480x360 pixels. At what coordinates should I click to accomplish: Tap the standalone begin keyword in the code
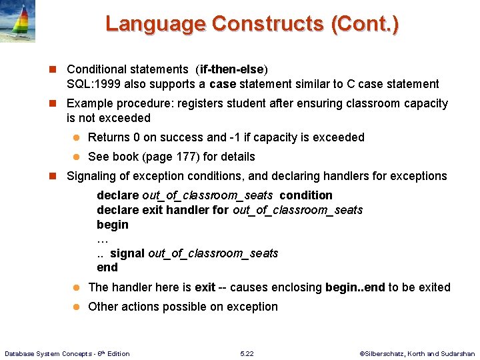112,225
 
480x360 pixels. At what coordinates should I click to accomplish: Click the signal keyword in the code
127,253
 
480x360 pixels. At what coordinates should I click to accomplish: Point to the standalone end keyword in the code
107,267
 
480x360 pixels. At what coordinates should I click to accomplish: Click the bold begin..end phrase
355,287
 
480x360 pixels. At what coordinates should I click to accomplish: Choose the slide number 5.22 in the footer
247,353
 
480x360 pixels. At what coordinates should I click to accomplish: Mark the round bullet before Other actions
76,307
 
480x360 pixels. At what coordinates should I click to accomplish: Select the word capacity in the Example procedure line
423,103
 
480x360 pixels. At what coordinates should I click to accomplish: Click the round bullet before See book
76,157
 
